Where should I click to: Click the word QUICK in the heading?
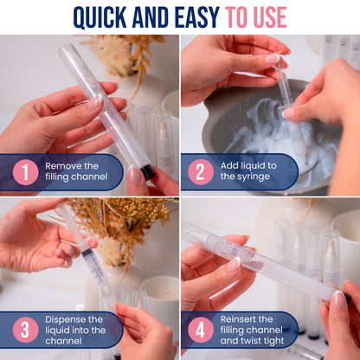(100, 17)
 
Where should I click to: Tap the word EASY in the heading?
(197, 17)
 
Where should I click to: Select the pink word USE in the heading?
(270, 17)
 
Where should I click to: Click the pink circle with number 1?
(25, 172)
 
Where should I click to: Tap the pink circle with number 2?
(201, 172)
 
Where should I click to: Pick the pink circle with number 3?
(25, 330)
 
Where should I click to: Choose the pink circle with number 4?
(201, 330)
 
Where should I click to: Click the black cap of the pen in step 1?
(148, 172)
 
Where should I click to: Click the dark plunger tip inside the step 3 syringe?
(87, 253)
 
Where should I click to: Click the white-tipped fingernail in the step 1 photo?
(95, 101)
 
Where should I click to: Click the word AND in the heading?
(151, 17)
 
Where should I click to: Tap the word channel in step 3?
(63, 341)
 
